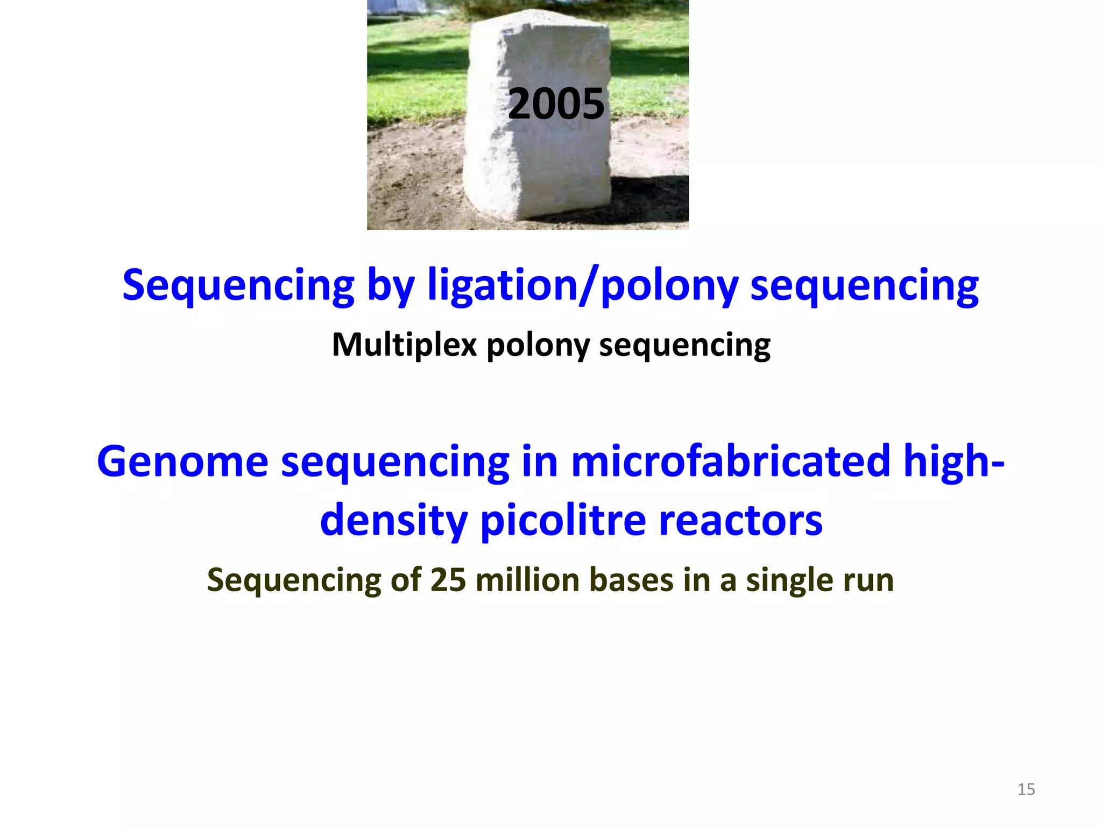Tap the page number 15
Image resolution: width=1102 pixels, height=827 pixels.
click(1026, 789)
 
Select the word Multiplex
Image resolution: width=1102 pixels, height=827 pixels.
click(404, 345)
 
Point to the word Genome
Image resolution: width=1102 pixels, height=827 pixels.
click(182, 461)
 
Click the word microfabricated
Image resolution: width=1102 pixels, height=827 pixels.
click(730, 461)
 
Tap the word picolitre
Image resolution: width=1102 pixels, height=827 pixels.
click(563, 521)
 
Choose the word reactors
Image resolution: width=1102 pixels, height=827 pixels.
click(740, 521)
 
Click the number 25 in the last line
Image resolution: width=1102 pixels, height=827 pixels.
click(448, 580)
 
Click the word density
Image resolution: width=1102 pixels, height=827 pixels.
click(393, 521)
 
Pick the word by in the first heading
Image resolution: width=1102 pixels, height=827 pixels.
click(391, 285)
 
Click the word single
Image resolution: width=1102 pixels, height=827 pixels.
click(788, 580)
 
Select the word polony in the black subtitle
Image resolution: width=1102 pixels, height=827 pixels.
click(538, 345)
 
